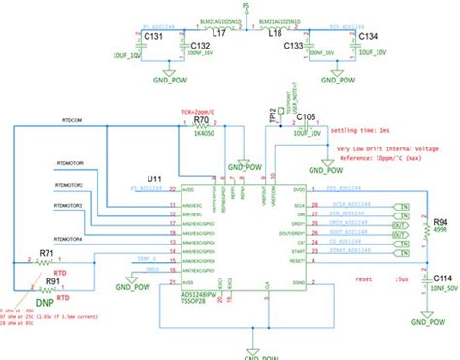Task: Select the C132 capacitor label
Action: [x=200, y=45]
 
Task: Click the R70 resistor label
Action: [x=202, y=120]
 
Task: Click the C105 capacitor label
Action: [x=306, y=116]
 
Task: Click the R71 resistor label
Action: [x=46, y=253]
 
